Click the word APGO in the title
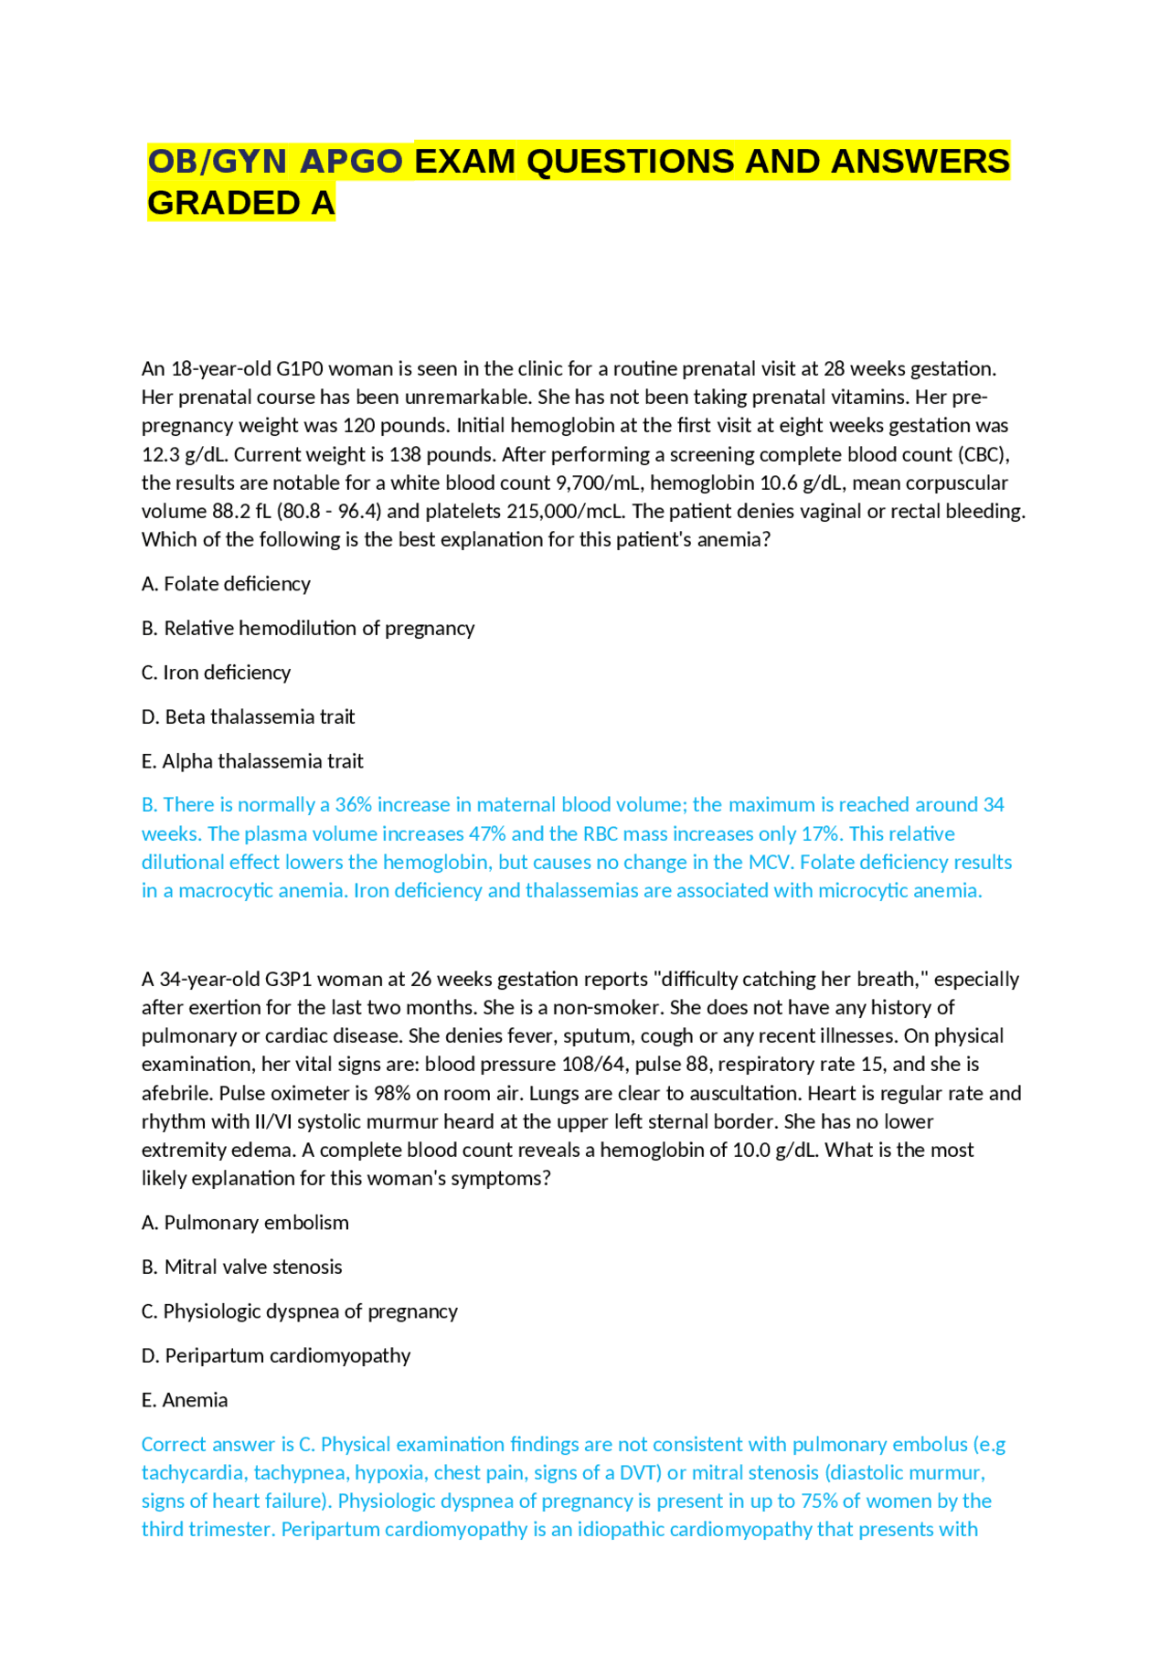click(351, 162)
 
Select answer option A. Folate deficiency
click(226, 584)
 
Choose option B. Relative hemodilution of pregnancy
click(308, 629)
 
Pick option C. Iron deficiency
click(216, 673)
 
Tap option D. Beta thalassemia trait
click(248, 717)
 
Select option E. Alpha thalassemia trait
click(252, 761)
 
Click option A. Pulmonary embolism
click(245, 1223)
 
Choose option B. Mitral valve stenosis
click(241, 1268)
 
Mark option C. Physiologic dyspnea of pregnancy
click(299, 1311)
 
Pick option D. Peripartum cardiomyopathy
click(276, 1356)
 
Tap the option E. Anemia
click(185, 1400)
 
